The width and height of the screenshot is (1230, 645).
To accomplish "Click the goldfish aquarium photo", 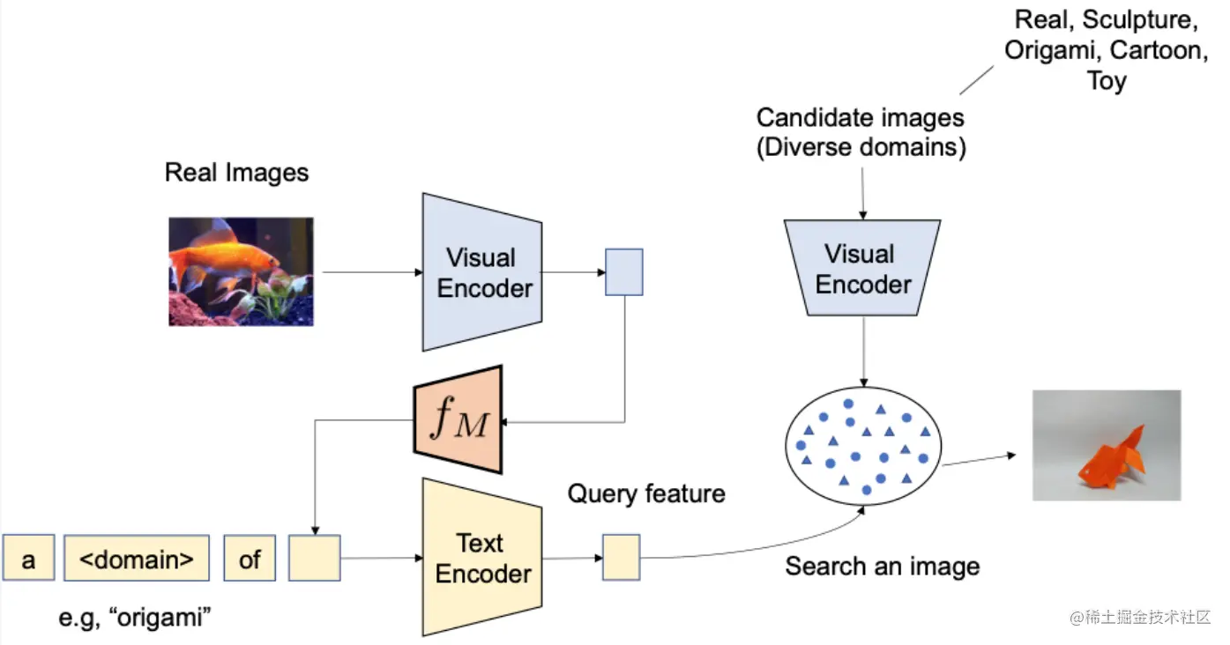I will (x=241, y=271).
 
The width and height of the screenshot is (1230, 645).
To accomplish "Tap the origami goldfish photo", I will (x=1107, y=446).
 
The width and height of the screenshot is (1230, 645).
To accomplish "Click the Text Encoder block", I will (x=482, y=558).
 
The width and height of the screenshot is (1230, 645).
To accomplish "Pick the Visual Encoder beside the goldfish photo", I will (x=482, y=272).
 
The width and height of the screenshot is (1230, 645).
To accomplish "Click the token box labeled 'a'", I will (x=28, y=559).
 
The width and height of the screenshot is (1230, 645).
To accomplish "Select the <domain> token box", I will (x=137, y=559).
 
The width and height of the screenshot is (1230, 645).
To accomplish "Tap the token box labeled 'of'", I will (x=250, y=559).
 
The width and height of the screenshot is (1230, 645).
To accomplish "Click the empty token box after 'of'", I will (x=315, y=559).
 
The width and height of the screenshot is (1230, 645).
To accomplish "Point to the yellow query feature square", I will (x=621, y=559).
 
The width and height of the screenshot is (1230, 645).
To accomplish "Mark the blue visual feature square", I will (x=623, y=271).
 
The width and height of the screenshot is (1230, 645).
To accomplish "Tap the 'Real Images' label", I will (x=236, y=172).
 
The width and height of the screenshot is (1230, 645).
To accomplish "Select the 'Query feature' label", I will (x=646, y=493).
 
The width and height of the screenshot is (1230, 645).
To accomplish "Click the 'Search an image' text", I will (x=883, y=566).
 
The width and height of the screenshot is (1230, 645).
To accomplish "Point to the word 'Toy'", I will (x=1107, y=82).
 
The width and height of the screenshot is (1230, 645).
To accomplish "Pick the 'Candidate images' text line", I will (x=861, y=117).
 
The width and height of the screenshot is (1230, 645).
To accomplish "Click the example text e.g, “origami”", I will (x=137, y=618).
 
